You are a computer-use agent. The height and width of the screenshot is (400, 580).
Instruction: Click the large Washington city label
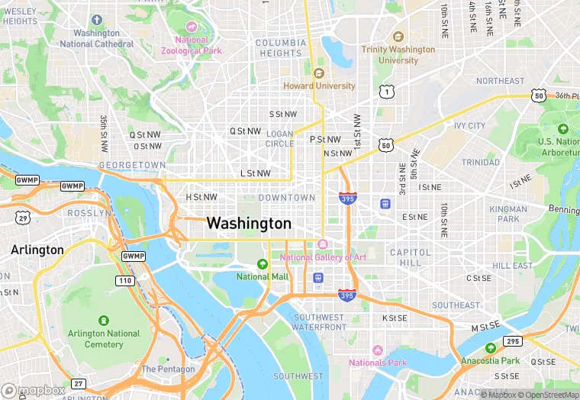click(249, 224)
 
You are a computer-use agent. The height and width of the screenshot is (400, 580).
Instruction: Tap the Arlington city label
click(37, 250)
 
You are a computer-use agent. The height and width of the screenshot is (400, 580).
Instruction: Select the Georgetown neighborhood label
click(132, 165)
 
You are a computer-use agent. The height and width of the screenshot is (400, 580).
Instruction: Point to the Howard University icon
click(319, 73)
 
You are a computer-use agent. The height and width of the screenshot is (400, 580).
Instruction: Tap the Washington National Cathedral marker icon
click(97, 20)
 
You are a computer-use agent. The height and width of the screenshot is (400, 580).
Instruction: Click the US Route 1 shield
click(386, 92)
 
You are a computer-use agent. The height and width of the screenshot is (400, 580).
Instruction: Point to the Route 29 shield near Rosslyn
click(23, 218)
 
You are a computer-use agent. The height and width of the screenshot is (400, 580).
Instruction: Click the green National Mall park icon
click(263, 264)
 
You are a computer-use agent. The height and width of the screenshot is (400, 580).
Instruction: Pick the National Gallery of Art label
click(323, 257)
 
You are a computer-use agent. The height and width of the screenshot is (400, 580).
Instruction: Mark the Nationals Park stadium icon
click(376, 350)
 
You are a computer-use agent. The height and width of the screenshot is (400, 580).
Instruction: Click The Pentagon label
click(169, 369)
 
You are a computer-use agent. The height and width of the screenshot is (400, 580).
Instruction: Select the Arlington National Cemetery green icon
click(104, 321)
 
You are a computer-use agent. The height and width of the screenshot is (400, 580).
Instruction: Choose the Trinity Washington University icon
click(398, 37)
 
